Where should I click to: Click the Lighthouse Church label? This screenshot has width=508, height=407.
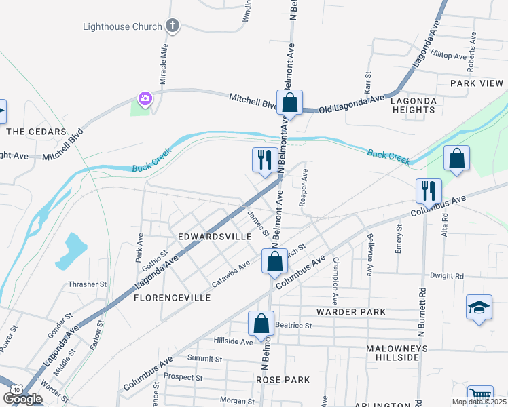(122, 27)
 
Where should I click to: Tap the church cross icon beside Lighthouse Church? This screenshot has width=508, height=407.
(173, 26)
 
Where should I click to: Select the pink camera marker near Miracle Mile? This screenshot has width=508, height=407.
(145, 100)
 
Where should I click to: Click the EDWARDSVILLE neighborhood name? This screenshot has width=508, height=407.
(205, 237)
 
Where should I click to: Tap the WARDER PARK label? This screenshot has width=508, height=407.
(350, 312)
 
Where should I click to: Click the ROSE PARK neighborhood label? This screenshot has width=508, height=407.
(283, 380)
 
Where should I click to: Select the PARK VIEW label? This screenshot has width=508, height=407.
(477, 83)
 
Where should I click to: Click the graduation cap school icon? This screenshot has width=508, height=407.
(479, 307)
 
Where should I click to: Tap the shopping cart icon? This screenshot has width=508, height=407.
(480, 395)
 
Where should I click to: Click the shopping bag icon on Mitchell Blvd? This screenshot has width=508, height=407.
(289, 102)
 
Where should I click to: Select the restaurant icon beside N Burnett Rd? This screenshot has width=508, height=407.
(429, 191)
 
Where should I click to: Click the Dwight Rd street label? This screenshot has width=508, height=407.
(446, 276)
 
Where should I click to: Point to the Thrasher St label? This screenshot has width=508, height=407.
(87, 285)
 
